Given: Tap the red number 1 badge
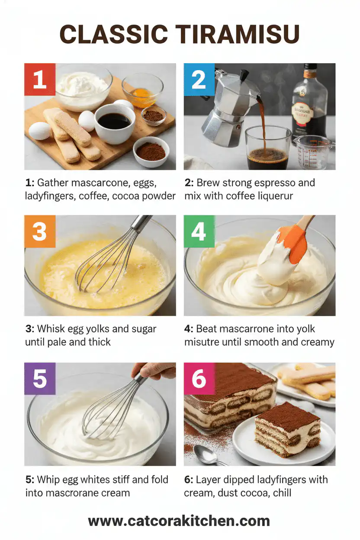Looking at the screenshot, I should click(40, 79).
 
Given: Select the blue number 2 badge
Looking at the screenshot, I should click(199, 79).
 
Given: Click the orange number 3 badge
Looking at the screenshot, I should click(40, 231).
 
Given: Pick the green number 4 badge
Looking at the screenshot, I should click(199, 231).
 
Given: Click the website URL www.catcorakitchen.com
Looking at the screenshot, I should click(179, 521).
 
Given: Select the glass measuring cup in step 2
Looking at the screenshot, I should click(312, 151).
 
